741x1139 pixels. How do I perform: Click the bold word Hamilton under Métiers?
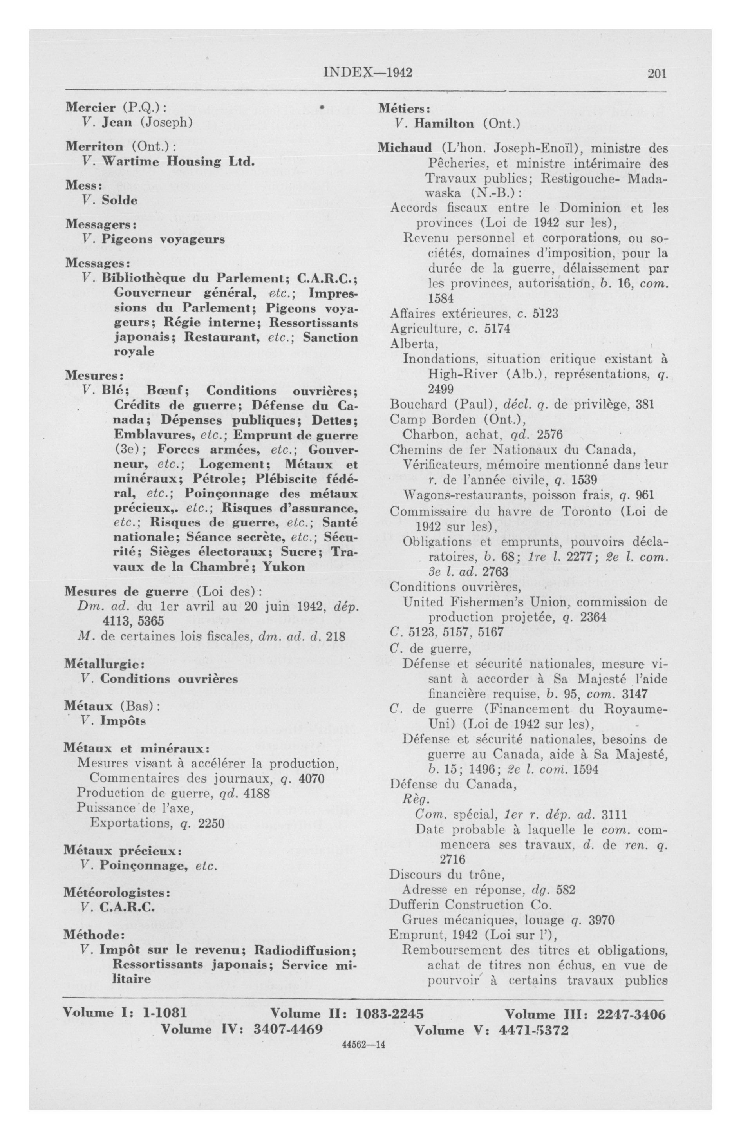444,123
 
